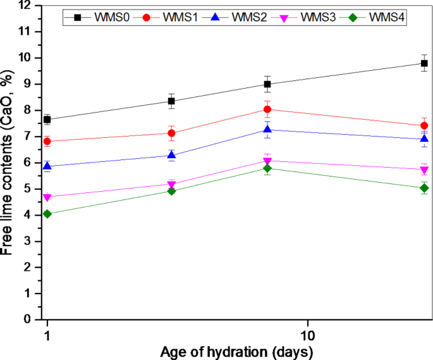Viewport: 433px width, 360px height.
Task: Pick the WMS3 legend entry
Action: [x=320, y=18]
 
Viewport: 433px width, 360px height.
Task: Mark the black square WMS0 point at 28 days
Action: [x=424, y=63]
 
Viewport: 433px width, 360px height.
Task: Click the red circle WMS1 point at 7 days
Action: [x=267, y=109]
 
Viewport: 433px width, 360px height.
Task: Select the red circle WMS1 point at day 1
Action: [x=47, y=141]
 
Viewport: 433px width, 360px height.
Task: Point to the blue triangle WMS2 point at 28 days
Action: [x=424, y=139]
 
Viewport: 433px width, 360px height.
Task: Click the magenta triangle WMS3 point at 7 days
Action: [x=267, y=161]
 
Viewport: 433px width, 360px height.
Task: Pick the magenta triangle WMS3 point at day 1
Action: [x=47, y=197]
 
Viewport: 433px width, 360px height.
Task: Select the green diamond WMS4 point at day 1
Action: [x=47, y=214]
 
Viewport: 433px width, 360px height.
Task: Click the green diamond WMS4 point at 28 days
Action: [x=424, y=189]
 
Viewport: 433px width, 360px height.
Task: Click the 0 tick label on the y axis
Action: [x=28, y=320]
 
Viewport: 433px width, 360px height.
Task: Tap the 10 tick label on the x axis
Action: [x=308, y=333]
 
